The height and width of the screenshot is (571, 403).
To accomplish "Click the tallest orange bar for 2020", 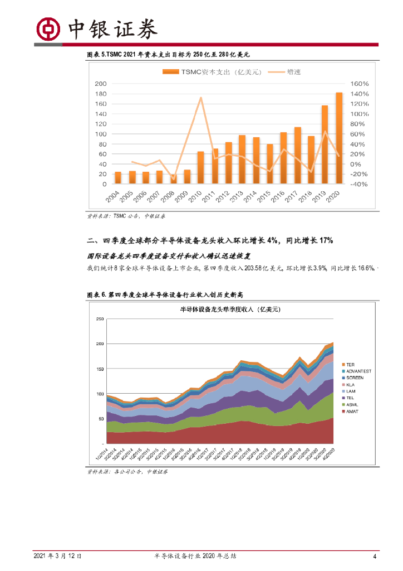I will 339,138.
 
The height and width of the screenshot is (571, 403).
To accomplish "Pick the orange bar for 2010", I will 200,167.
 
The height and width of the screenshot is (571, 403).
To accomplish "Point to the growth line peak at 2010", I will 200,98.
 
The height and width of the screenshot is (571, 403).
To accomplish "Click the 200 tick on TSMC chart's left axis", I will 101,84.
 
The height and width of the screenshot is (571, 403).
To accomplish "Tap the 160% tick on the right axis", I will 359,84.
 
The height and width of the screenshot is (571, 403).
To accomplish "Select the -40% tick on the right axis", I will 359,184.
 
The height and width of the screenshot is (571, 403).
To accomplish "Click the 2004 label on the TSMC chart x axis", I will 114,198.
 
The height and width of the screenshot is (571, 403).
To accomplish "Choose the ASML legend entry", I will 354,404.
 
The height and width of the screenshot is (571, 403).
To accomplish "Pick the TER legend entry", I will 350,365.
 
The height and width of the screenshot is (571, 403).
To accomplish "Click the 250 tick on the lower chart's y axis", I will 100,319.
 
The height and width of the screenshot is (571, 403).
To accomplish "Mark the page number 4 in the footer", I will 375,556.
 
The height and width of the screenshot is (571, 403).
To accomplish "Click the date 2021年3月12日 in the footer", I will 58,556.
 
